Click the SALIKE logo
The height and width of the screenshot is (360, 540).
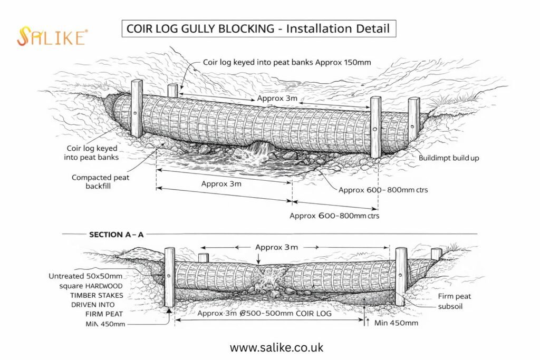(x=52, y=37)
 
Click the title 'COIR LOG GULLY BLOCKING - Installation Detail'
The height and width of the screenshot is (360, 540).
(x=258, y=28)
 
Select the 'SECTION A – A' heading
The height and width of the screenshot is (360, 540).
(x=116, y=235)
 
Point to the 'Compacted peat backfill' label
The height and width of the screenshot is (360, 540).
(x=100, y=182)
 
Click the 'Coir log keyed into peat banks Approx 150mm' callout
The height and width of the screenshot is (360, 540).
(x=287, y=62)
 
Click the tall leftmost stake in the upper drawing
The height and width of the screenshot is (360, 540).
(x=136, y=108)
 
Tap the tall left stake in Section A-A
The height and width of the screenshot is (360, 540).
(x=169, y=278)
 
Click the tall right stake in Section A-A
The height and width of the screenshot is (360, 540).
(x=401, y=276)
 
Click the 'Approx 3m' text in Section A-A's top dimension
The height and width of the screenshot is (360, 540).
(x=276, y=247)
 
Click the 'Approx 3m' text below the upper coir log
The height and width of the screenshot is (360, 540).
(x=221, y=184)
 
